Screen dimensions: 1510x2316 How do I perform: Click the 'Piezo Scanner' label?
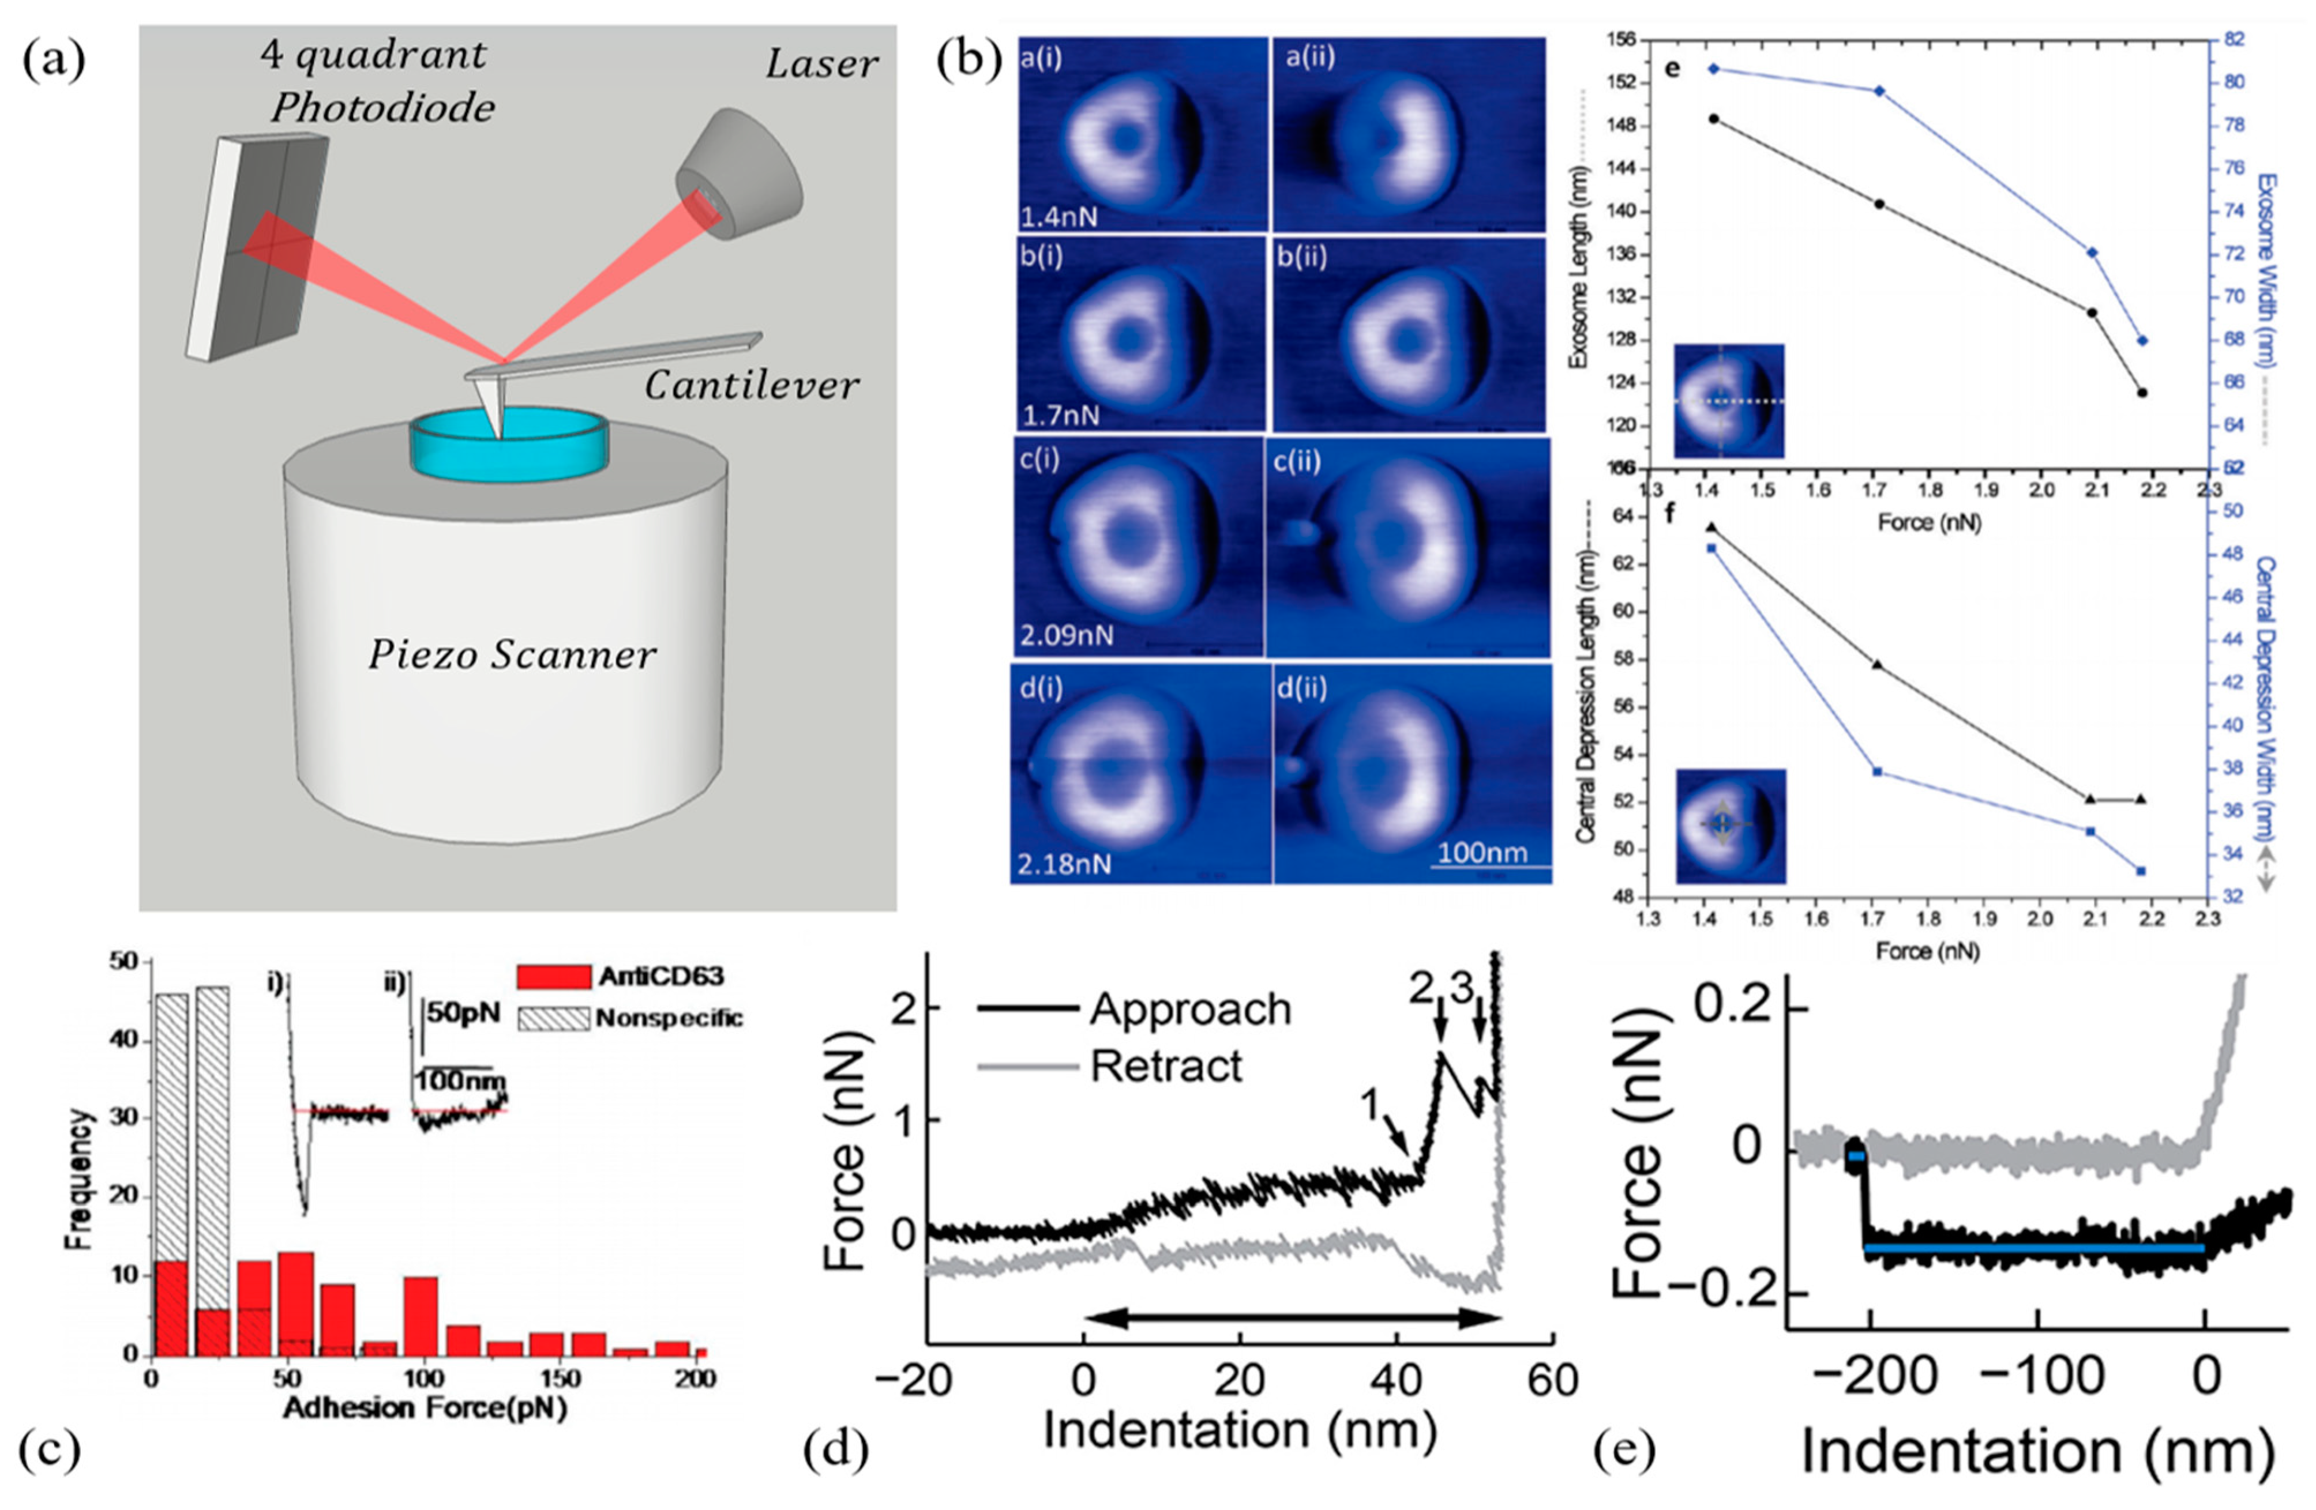[x=512, y=655]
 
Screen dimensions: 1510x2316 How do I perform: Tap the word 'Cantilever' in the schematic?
[x=751, y=386]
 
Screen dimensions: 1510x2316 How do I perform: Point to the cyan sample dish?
[x=510, y=447]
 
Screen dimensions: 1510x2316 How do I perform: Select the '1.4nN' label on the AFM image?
[x=1058, y=215]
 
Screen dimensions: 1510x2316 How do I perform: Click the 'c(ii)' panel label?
[x=1297, y=460]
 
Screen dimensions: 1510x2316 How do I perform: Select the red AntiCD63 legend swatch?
[x=553, y=976]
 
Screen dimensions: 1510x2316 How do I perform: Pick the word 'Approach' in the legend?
[x=1189, y=1009]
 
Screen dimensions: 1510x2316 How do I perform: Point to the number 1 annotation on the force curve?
[x=1370, y=1104]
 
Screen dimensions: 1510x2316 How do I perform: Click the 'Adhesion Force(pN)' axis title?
[x=425, y=1408]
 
